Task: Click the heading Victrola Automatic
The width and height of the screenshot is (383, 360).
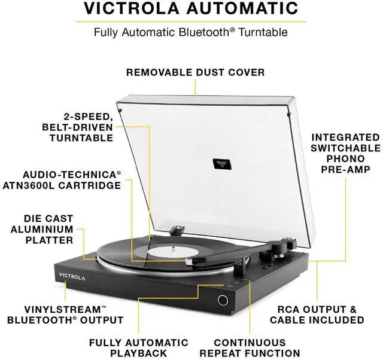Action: (191, 9)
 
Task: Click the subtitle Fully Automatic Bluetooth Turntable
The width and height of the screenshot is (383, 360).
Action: (191, 32)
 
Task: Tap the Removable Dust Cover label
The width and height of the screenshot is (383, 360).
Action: (195, 72)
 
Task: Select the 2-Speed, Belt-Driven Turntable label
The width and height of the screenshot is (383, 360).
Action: (78, 127)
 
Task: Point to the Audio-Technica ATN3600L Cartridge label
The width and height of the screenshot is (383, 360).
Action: (71, 179)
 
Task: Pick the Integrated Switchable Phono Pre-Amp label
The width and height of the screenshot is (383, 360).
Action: (345, 154)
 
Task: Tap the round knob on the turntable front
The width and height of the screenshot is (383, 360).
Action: (223, 300)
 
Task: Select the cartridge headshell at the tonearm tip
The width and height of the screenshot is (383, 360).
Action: (194, 261)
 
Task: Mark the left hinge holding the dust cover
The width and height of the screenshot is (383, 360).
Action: (177, 229)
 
